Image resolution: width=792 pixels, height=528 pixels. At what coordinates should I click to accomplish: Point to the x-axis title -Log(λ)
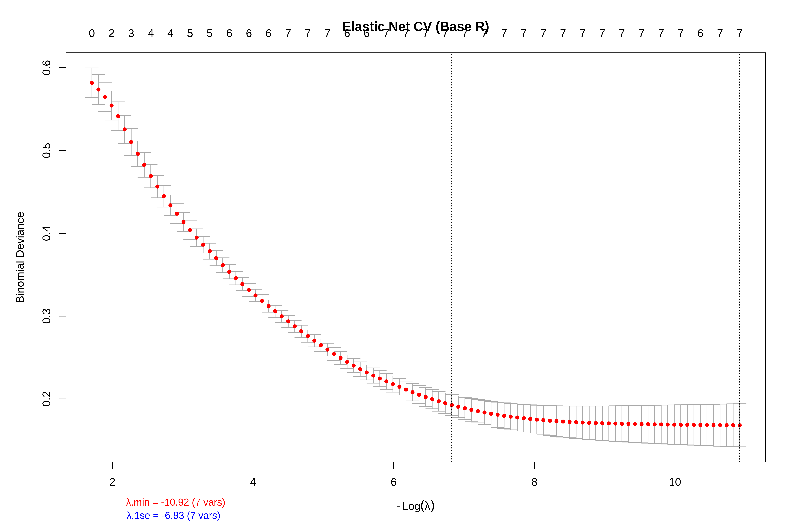click(416, 506)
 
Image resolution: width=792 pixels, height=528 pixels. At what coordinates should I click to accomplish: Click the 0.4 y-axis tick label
click(46, 233)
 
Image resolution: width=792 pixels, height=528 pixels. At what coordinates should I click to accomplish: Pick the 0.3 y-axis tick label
click(46, 316)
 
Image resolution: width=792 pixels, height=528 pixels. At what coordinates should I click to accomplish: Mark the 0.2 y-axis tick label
click(46, 399)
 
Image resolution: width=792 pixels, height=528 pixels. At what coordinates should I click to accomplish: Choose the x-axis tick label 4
click(253, 482)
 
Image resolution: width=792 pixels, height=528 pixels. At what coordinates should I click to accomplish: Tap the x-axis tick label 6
click(394, 482)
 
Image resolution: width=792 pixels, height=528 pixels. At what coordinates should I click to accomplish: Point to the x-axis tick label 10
click(675, 482)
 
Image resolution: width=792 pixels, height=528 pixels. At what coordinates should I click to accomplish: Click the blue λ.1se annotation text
click(173, 516)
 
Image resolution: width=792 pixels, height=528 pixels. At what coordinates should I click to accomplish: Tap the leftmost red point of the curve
click(92, 83)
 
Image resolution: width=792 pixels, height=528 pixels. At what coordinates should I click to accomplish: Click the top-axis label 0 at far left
click(92, 33)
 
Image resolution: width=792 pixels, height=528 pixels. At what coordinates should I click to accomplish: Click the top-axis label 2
click(111, 33)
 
